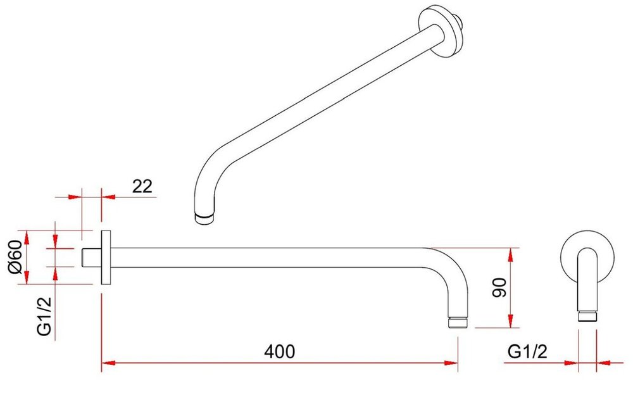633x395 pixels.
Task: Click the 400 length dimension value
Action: (279, 351)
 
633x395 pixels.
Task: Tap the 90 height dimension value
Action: (500, 287)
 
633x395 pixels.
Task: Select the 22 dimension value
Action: (142, 186)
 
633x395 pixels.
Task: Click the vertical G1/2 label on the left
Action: (44, 317)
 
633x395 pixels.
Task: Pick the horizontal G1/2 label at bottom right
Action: (527, 351)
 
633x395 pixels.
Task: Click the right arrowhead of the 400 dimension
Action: (451, 363)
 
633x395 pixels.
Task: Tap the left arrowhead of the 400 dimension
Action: (108, 363)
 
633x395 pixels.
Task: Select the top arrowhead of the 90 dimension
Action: (511, 254)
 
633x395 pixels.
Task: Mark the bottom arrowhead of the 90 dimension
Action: (511, 321)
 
